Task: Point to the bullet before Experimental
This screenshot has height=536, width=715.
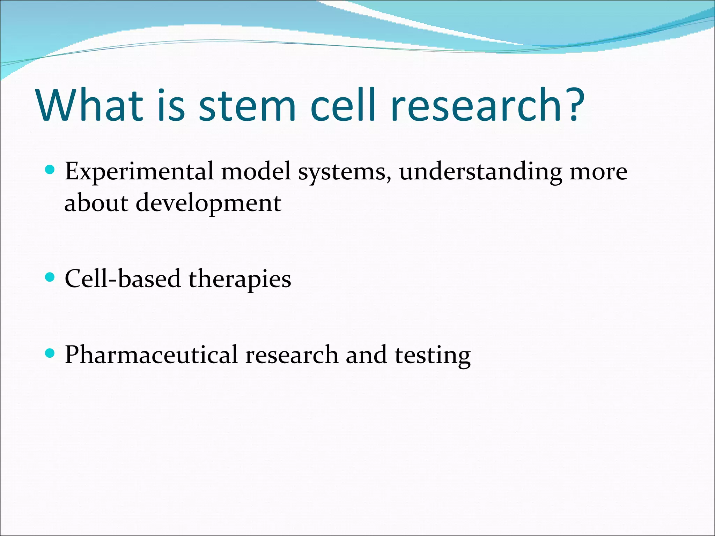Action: click(50, 170)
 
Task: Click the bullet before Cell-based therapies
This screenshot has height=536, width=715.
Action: click(50, 277)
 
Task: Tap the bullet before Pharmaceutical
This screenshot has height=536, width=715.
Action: click(50, 353)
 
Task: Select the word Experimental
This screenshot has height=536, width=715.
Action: click(139, 172)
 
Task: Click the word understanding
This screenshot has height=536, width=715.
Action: click(480, 172)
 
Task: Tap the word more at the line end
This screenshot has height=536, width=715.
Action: click(598, 172)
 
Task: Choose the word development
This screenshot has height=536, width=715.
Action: click(208, 203)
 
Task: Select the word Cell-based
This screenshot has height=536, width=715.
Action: click(123, 279)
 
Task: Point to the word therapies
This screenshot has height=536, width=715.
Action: click(239, 280)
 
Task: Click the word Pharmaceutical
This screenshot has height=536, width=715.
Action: click(151, 355)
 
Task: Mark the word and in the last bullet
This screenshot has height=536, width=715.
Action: click(366, 355)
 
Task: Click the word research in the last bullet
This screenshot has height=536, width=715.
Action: click(292, 355)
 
